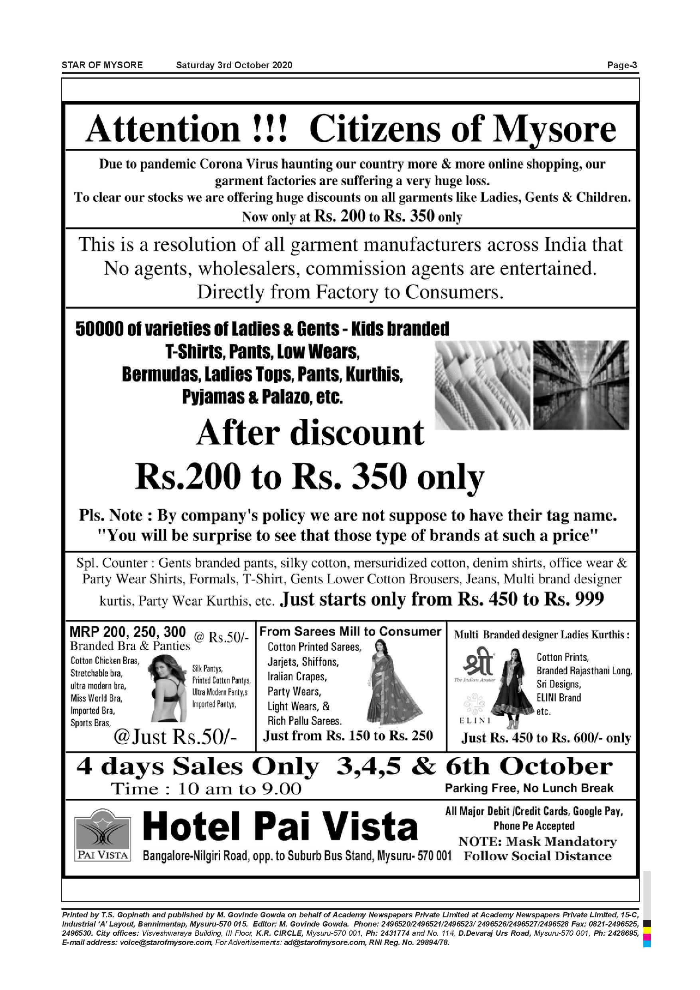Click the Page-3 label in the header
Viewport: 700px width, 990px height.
click(x=622, y=65)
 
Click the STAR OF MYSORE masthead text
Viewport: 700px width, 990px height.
click(x=102, y=65)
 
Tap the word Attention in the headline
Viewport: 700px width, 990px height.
click(x=163, y=129)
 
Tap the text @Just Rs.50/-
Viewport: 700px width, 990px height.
click(x=175, y=737)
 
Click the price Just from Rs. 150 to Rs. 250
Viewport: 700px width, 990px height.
click(x=348, y=735)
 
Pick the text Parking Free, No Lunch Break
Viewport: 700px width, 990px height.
click(x=529, y=788)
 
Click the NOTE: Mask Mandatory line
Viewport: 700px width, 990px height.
click(x=538, y=841)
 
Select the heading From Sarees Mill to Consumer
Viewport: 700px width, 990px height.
click(x=350, y=632)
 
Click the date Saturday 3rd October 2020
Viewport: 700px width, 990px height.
click(x=234, y=65)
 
